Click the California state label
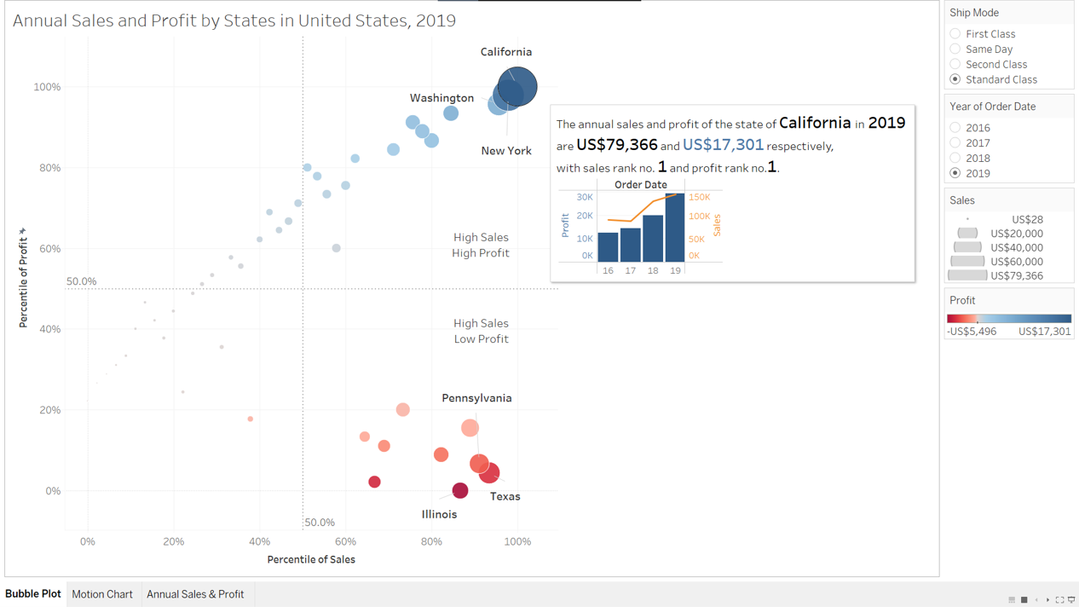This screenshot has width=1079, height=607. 505,52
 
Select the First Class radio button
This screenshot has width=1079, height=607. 955,34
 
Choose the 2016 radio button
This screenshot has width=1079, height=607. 955,128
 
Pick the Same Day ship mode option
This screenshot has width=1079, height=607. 955,49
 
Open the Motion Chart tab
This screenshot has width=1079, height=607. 102,594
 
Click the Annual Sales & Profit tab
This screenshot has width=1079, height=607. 195,594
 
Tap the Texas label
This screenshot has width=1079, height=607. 505,496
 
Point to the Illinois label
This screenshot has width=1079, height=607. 439,514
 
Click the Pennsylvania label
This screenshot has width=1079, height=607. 476,398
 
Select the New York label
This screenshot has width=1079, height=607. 505,151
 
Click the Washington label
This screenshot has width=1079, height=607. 441,98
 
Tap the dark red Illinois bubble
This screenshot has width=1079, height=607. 460,490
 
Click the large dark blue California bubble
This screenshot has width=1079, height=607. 517,86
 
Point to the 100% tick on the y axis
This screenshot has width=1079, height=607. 47,87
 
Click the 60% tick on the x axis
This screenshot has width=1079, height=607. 345,541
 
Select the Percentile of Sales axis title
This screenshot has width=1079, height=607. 311,559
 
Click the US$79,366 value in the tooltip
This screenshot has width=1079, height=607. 616,145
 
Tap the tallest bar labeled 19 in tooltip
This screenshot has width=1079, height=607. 675,228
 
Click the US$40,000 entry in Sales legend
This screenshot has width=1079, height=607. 1016,247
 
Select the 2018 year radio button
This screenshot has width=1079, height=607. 955,158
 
